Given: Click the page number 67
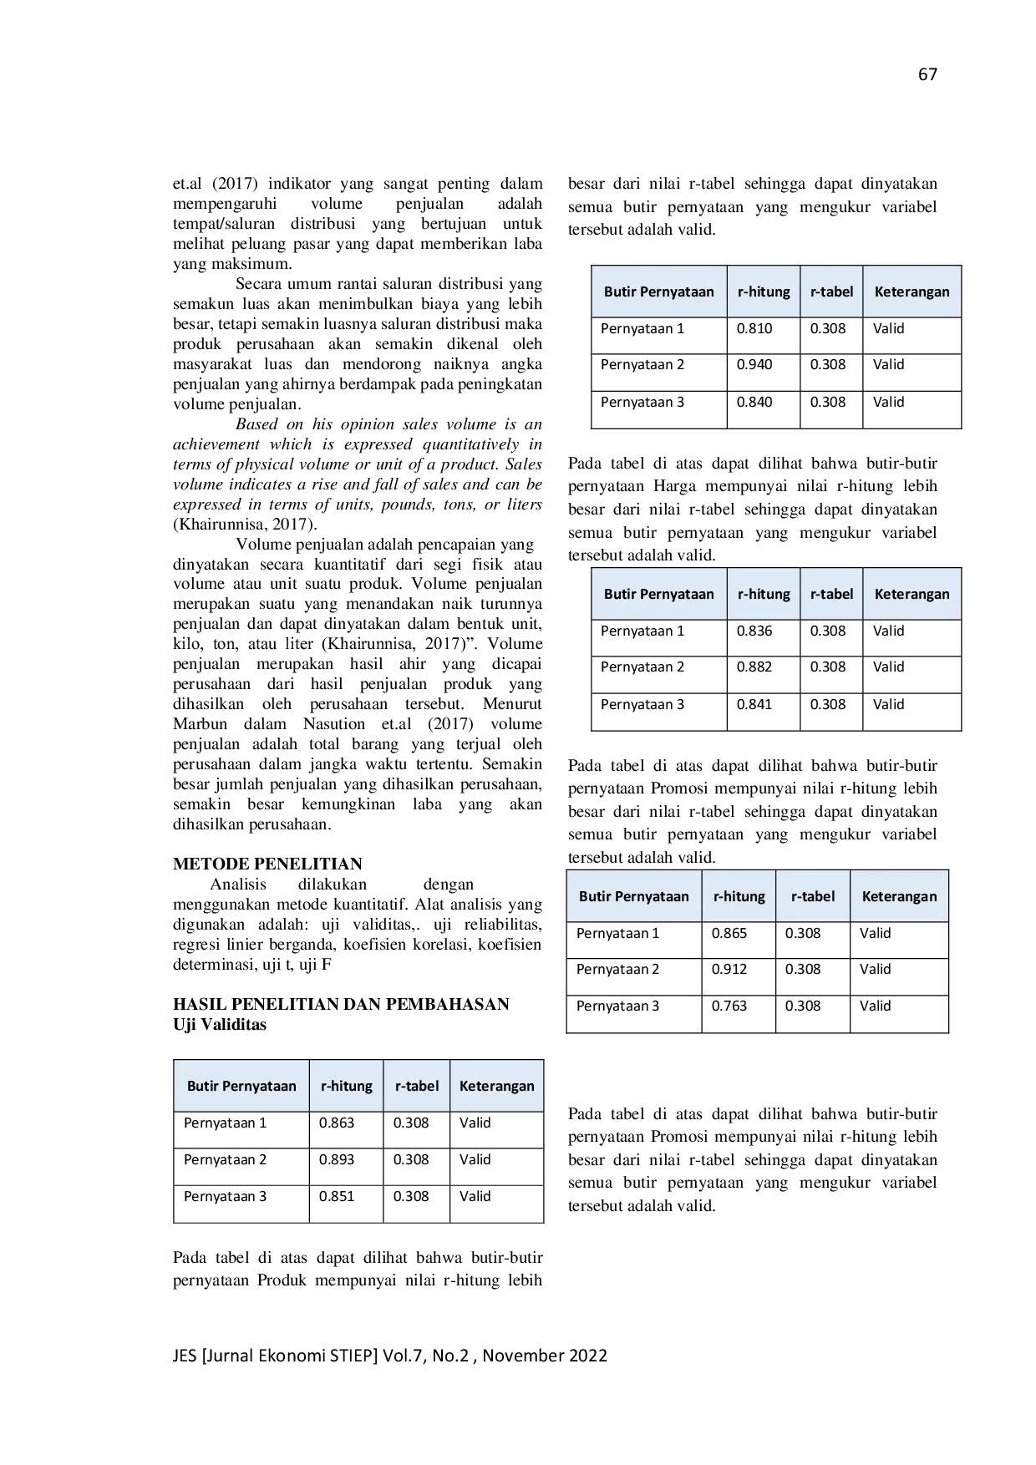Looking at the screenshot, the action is tap(927, 74).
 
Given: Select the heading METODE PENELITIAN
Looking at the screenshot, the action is tap(267, 864).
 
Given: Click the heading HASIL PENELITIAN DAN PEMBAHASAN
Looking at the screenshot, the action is tap(341, 1004).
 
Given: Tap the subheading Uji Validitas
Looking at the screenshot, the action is tap(220, 1024).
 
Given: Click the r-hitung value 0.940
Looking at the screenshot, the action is tap(754, 364).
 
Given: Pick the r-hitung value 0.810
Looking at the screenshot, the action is tap(754, 328).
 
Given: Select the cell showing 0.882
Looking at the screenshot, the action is tap(754, 667).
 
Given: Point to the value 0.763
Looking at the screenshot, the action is tap(729, 1006).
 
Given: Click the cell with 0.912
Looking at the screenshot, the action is tap(729, 969).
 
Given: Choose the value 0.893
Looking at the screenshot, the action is tap(337, 1159).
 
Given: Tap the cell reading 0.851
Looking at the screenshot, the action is tap(337, 1196).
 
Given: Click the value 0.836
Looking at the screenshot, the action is tap(754, 631).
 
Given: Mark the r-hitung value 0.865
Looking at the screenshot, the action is tap(729, 933).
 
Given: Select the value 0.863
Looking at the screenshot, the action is tap(337, 1123).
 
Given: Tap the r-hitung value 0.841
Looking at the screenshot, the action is tap(754, 704).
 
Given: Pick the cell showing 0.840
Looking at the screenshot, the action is tap(754, 402).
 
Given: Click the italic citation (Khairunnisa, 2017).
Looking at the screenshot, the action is tap(245, 525).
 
